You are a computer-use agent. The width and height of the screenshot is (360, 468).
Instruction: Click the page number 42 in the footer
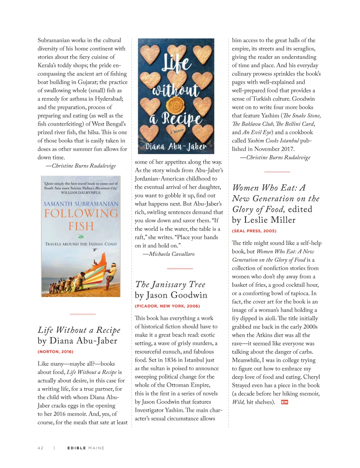[x=40, y=448]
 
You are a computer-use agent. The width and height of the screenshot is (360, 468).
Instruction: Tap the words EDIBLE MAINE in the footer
[x=86, y=448]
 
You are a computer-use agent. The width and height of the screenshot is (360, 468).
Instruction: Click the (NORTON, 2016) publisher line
[x=56, y=352]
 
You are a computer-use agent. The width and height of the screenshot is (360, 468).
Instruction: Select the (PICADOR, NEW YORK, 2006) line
[x=167, y=306]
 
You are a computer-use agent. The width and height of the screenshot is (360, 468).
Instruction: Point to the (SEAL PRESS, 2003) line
[x=254, y=231]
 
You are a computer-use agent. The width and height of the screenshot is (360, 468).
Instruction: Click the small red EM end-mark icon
[x=284, y=402]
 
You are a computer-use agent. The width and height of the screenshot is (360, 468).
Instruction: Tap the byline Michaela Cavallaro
[x=172, y=254]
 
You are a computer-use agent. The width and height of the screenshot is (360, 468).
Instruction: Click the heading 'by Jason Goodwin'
[x=171, y=295]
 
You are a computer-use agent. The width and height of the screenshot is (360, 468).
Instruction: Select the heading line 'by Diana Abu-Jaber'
[x=77, y=341]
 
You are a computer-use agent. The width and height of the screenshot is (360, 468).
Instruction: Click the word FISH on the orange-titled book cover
[x=81, y=226]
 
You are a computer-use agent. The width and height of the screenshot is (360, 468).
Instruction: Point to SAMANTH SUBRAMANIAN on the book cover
[x=81, y=204]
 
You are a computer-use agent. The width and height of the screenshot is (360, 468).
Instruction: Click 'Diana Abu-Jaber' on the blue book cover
[x=176, y=146]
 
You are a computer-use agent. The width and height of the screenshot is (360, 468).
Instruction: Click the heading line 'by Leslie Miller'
[x=264, y=220]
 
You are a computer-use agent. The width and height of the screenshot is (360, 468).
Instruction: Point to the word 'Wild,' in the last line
[x=238, y=402]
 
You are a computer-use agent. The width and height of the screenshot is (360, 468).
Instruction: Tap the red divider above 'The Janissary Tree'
[x=180, y=268]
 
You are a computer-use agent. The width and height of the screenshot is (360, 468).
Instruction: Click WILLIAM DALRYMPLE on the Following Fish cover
[x=81, y=193]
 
